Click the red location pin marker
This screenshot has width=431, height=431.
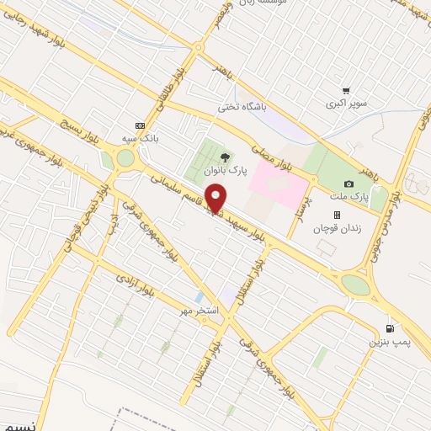[216, 200]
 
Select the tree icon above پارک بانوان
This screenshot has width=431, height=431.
[224, 157]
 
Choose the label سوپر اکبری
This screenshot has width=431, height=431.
[347, 105]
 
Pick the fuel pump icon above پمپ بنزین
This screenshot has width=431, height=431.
[388, 328]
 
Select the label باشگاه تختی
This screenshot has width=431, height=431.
[242, 107]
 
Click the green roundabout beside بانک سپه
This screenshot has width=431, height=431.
[125, 157]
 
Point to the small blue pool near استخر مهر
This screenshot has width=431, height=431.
[198, 298]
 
